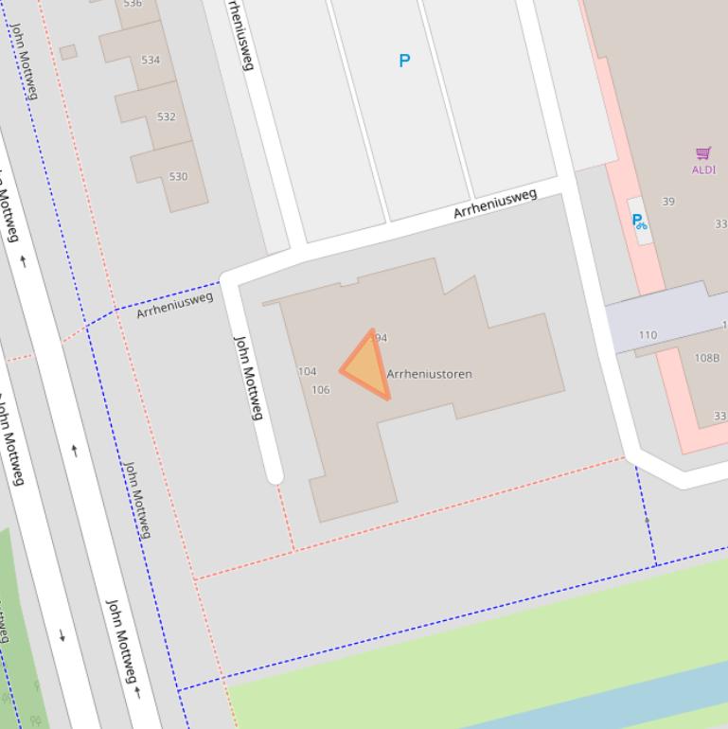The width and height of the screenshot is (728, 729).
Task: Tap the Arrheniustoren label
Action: pyautogui.click(x=429, y=374)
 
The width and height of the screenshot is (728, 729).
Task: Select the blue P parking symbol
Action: pyautogui.click(x=404, y=61)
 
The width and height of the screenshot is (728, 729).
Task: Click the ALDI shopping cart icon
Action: pyautogui.click(x=703, y=153)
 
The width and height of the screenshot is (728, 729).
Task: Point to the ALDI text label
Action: pyautogui.click(x=703, y=170)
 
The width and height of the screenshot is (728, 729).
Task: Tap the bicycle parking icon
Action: pyautogui.click(x=640, y=222)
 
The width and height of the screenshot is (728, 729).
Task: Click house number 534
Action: pyautogui.click(x=151, y=60)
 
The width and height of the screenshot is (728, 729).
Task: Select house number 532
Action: pyautogui.click(x=166, y=117)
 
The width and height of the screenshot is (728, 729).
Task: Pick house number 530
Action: pyautogui.click(x=178, y=177)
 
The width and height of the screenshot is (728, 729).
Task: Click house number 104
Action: pyautogui.click(x=307, y=371)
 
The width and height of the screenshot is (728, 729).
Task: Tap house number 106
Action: pyautogui.click(x=320, y=390)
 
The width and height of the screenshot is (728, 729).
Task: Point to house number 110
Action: pyautogui.click(x=648, y=335)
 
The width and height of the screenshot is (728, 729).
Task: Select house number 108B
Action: pyautogui.click(x=706, y=358)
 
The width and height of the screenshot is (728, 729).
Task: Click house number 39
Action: pyautogui.click(x=668, y=202)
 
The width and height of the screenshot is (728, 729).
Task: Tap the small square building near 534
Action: pyautogui.click(x=68, y=52)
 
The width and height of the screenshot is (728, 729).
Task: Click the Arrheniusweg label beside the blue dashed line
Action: pyautogui.click(x=174, y=305)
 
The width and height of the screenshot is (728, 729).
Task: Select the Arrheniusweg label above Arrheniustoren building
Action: pyautogui.click(x=494, y=203)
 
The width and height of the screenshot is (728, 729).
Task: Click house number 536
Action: pyautogui.click(x=133, y=4)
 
